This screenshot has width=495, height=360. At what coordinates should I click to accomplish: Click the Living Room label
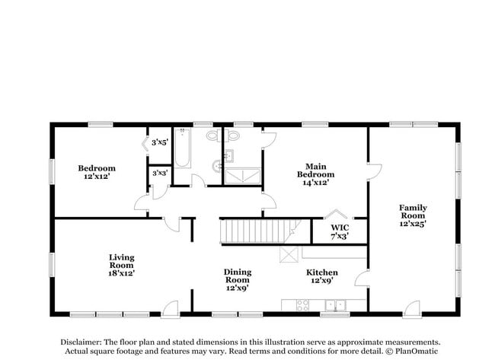tap(122, 258)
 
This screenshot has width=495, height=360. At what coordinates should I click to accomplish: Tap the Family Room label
tap(414, 208)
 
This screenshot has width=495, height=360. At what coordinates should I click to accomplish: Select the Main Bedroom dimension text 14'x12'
tap(315, 183)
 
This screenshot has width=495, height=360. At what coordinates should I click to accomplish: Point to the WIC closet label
tap(340, 228)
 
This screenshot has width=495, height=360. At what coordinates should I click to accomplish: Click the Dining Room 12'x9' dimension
tap(237, 289)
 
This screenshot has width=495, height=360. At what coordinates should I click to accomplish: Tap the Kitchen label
tap(322, 272)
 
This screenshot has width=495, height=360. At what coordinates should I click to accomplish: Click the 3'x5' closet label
tap(159, 142)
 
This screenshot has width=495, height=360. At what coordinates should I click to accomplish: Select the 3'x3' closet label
tap(159, 174)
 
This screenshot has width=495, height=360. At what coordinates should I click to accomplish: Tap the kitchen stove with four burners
tap(302, 306)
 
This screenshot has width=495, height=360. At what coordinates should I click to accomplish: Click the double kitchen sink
tap(335, 306)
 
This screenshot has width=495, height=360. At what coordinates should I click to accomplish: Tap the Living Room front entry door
tap(170, 307)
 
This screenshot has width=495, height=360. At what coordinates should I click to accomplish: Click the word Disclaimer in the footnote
tap(78, 342)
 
